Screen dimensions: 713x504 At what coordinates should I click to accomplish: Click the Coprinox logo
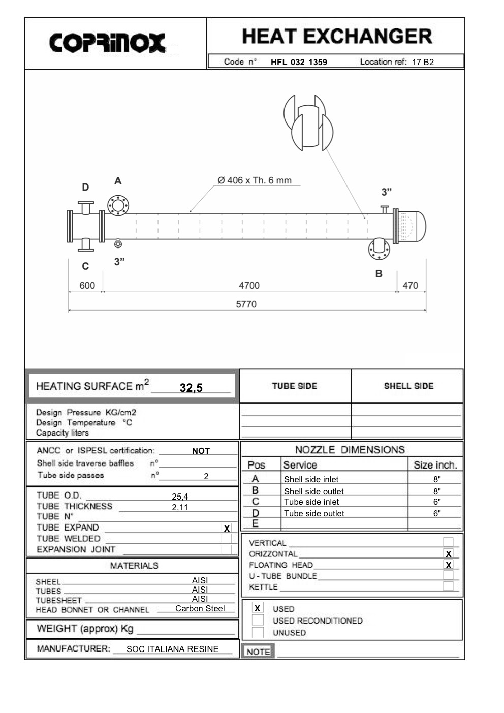(107, 43)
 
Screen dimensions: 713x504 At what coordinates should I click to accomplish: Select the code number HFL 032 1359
(299, 62)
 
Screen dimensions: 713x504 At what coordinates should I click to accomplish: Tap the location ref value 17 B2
(423, 62)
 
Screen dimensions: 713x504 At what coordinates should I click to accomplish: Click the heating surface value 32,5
(191, 388)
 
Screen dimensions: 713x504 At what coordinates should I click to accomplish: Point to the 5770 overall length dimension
(246, 304)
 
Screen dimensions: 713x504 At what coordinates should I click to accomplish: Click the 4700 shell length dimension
(249, 285)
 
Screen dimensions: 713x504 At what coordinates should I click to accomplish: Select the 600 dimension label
(87, 285)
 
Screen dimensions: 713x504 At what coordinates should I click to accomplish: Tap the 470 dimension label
(410, 285)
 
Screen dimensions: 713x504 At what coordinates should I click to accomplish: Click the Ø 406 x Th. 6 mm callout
(255, 180)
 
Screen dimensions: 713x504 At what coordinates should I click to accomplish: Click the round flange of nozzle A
(118, 206)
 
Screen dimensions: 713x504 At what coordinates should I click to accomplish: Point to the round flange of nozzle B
(379, 249)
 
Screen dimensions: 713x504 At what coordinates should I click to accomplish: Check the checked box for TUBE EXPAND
(227, 528)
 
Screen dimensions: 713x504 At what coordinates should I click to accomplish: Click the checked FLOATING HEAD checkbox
(448, 565)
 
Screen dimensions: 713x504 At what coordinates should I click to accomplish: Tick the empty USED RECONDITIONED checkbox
(258, 621)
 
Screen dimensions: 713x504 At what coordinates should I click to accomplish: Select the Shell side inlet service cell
(311, 479)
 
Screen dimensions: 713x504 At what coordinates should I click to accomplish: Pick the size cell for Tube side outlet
(436, 513)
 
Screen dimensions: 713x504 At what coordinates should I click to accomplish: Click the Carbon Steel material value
(200, 608)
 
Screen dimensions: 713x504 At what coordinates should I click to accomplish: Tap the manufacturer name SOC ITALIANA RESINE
(172, 649)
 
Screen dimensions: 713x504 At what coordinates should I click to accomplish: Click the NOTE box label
(258, 652)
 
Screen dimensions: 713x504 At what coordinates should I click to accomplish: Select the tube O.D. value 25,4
(180, 497)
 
